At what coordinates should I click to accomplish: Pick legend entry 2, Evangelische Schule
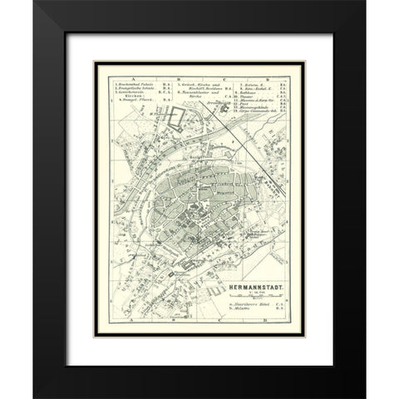[134, 89]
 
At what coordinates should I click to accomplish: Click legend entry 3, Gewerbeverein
[133, 94]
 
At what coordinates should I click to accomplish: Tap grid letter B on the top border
[166, 75]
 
